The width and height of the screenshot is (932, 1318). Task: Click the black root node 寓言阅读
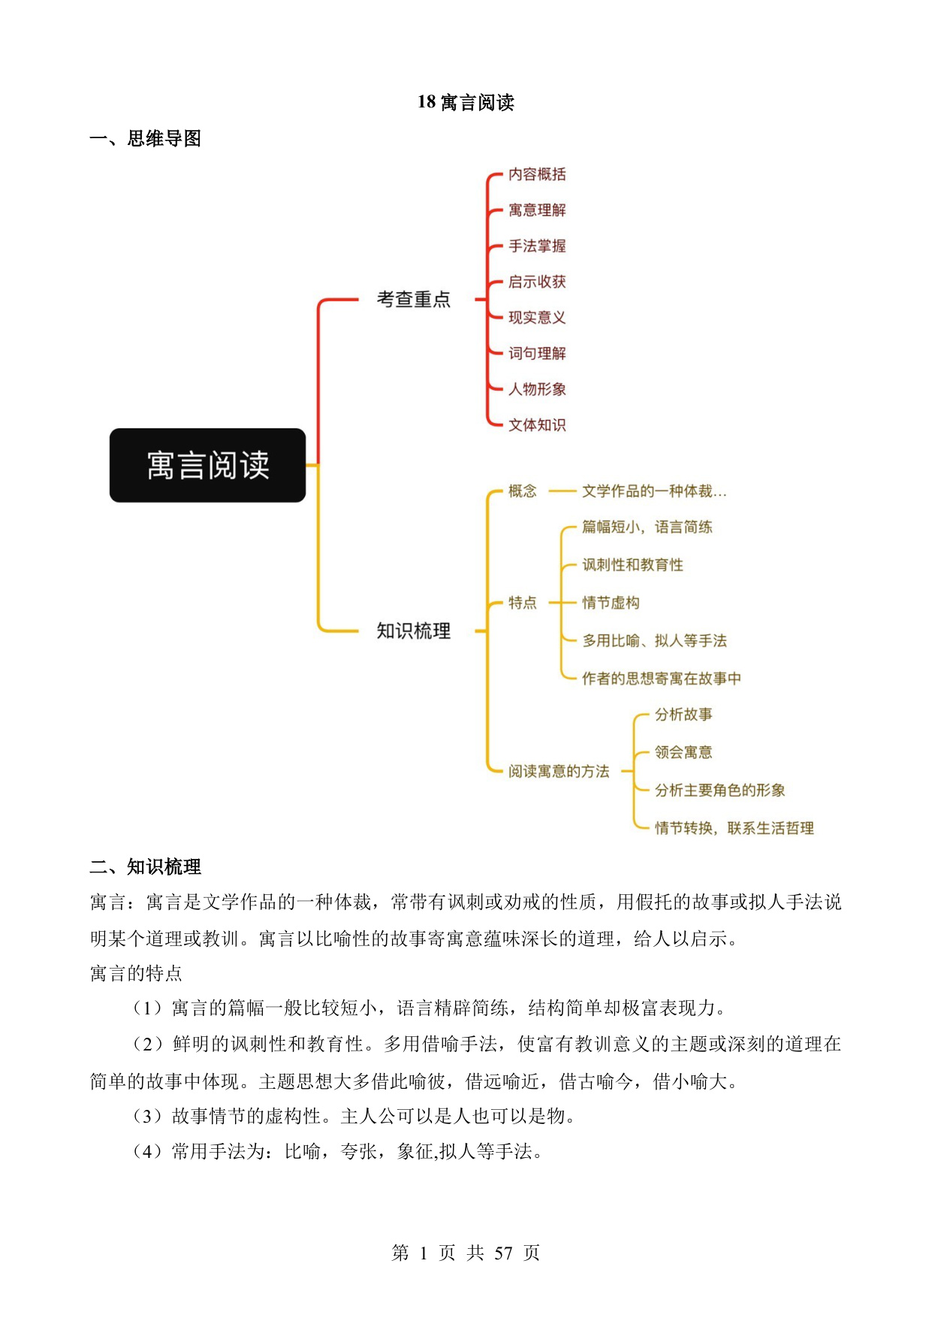207,465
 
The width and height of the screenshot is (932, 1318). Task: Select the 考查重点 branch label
414,299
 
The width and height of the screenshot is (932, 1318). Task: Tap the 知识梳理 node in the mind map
414,630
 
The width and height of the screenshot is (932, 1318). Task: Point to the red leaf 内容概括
537,174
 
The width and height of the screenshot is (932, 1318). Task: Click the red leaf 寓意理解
537,210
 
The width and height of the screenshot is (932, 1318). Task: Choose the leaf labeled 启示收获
537,282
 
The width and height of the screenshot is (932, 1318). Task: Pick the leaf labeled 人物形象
537,389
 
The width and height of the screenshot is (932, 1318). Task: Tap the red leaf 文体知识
537,425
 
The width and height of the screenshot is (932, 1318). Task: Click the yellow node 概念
523,491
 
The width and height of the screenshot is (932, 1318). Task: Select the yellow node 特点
523,603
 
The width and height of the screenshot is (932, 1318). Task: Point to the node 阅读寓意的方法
559,771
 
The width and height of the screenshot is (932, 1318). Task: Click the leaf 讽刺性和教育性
632,565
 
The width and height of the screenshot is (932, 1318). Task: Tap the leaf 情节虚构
611,603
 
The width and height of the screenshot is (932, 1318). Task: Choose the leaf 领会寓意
683,752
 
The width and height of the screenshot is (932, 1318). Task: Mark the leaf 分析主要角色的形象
719,790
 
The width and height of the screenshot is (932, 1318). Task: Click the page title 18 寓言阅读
466,102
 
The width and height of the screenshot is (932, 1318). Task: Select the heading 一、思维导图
145,139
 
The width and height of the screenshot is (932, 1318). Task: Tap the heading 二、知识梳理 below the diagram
145,867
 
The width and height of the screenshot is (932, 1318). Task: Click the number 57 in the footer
503,1253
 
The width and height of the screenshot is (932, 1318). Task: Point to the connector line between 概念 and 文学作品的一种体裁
562,491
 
